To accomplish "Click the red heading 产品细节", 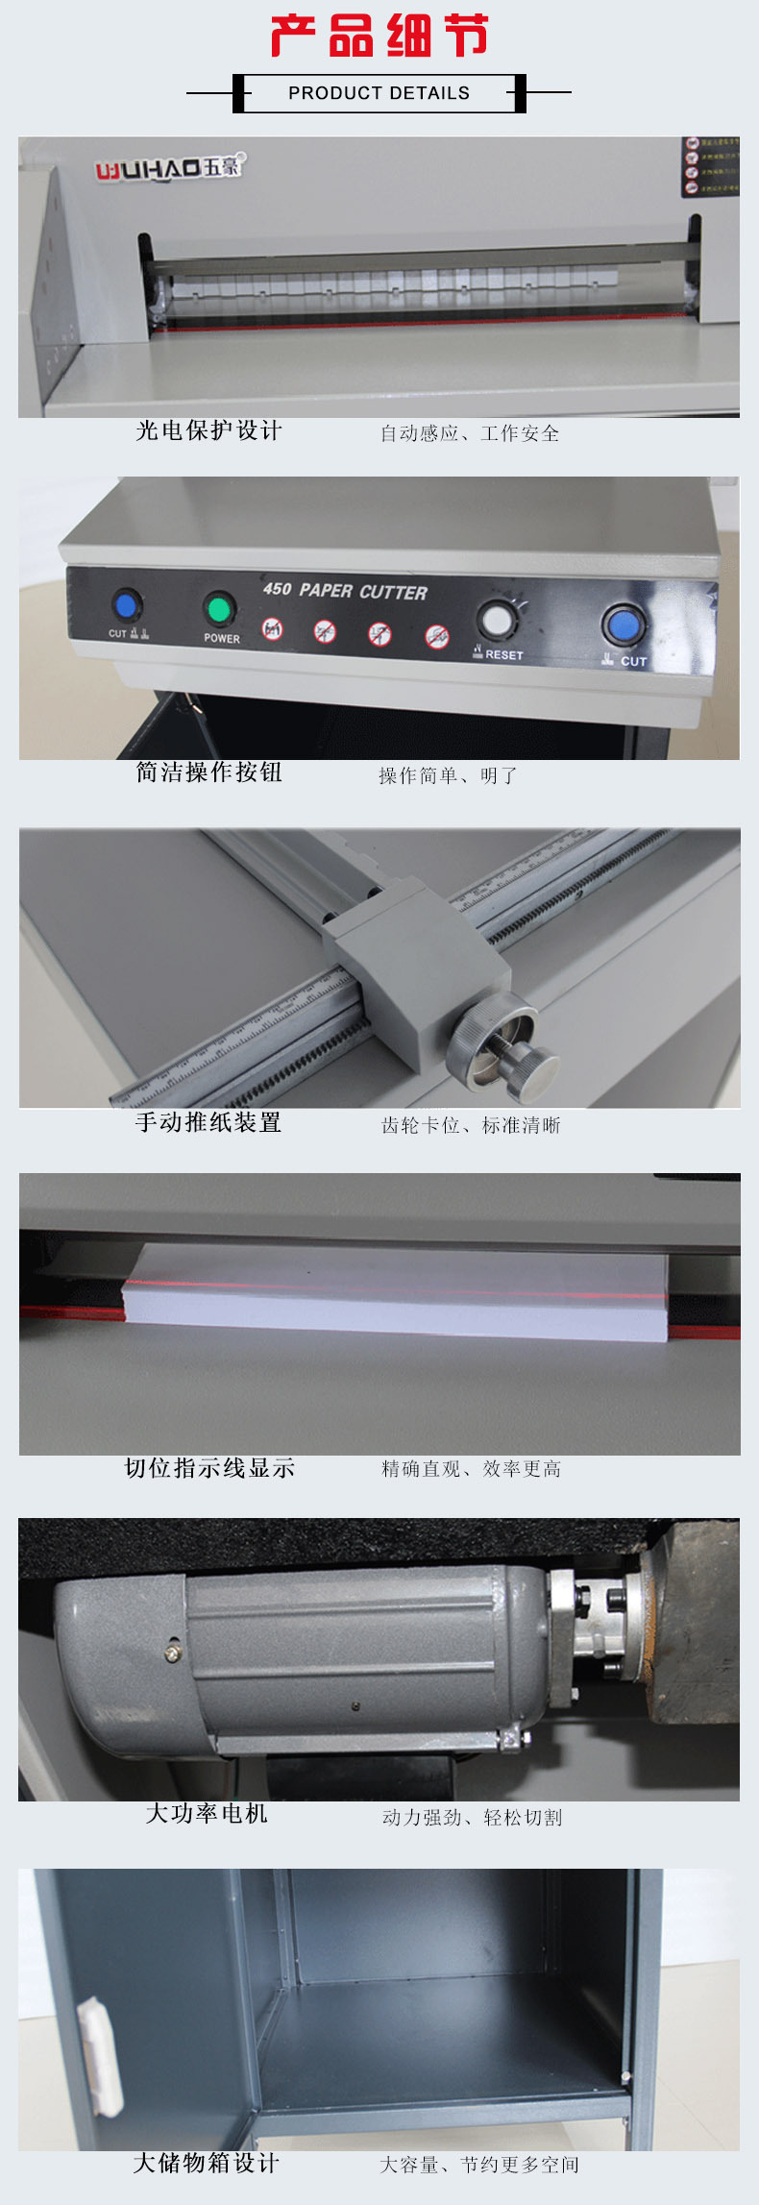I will (x=379, y=37).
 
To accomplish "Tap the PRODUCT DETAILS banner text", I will (x=379, y=93).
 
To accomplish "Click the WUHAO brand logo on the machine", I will (x=169, y=168).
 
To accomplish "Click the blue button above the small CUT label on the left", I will (x=124, y=606).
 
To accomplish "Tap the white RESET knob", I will (x=496, y=621).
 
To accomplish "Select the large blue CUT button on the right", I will (x=623, y=625).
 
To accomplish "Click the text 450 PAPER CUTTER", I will (x=345, y=591).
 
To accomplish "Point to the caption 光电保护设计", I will (x=208, y=431).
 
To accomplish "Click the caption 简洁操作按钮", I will (x=208, y=772).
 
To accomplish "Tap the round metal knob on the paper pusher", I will (x=525, y=1066).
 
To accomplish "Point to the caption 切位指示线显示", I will (x=209, y=1468).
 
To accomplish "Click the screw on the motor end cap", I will (x=172, y=1653).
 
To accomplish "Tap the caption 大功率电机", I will (x=207, y=1814).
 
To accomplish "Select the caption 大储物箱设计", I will (x=207, y=2163).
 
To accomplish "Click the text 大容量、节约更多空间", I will (x=479, y=2165).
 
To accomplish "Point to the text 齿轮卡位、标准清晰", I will (x=471, y=1125).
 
